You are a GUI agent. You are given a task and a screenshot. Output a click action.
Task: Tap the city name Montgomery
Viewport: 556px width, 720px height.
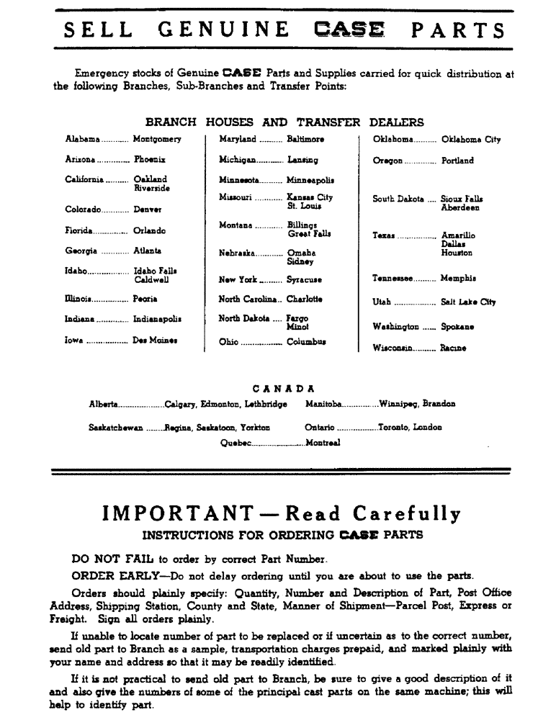(157, 139)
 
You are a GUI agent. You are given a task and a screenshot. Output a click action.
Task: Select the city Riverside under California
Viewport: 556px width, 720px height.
(151, 188)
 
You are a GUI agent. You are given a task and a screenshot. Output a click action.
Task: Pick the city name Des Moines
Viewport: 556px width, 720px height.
(155, 340)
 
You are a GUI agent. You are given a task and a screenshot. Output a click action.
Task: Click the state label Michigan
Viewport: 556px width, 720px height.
(237, 160)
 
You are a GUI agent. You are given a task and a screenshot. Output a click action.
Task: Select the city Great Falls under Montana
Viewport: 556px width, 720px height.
(309, 234)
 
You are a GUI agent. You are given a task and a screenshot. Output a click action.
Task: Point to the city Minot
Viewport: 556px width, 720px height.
(298, 326)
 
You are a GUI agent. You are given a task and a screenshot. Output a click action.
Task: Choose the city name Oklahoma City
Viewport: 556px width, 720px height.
(470, 139)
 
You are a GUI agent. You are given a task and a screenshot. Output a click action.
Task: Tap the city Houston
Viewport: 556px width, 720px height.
(457, 253)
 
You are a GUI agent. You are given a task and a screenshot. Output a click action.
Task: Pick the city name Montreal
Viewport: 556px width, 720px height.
(322, 443)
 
